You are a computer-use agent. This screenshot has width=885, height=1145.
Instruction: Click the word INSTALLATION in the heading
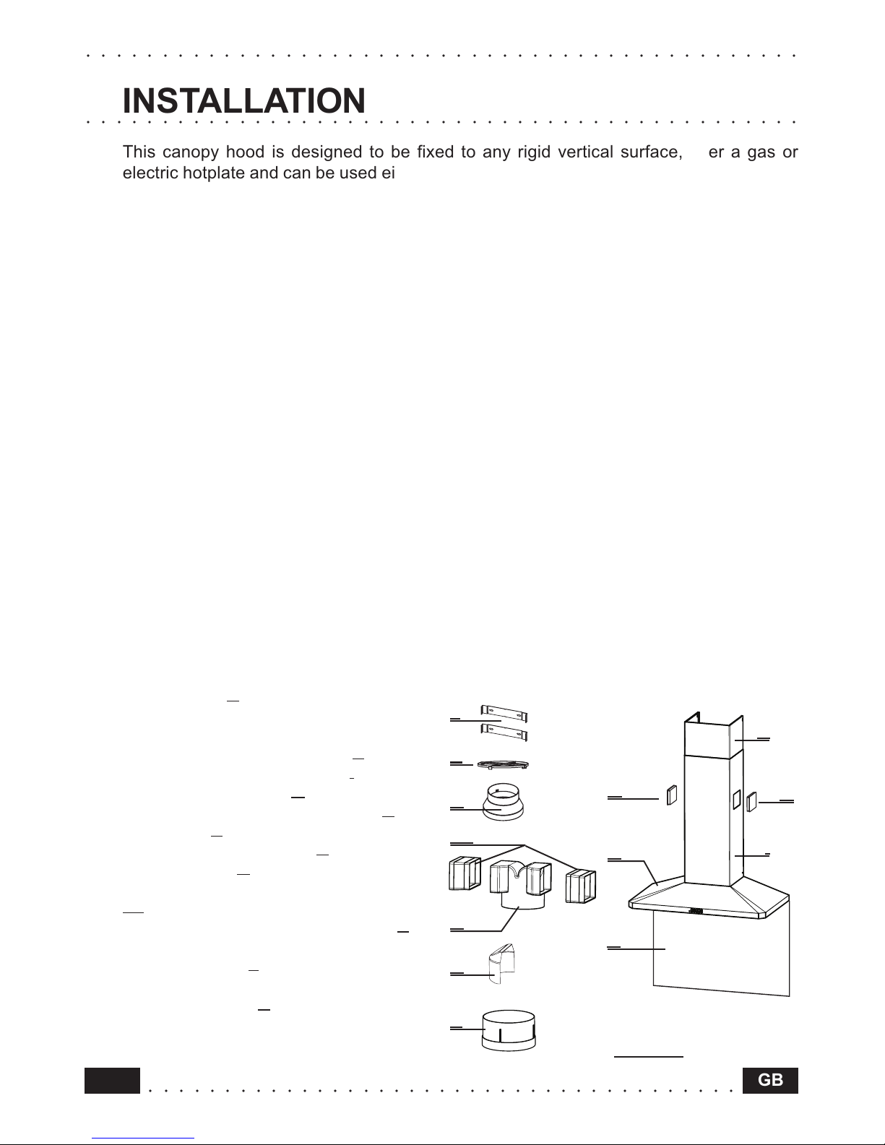244,100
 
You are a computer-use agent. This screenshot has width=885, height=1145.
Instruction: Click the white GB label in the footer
770,1080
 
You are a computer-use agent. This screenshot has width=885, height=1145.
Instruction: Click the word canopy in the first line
189,152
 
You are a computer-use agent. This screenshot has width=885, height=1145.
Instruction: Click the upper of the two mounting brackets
504,713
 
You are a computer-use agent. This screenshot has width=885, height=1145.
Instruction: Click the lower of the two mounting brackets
504,733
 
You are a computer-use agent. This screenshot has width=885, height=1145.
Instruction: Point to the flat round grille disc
503,764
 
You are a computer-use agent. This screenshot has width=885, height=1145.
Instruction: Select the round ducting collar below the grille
504,803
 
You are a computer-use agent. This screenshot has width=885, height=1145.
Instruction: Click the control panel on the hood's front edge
695,911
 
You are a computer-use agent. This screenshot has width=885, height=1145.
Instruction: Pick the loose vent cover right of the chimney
752,801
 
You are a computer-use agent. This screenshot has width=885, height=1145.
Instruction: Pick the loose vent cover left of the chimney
672,795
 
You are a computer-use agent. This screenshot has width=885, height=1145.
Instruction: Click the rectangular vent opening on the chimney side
736,800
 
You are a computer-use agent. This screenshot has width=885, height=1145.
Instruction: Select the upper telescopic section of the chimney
714,737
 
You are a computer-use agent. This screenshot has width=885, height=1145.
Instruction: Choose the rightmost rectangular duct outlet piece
581,886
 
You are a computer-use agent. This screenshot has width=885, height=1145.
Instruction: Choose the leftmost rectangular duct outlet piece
465,873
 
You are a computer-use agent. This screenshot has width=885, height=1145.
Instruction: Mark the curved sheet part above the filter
500,964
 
